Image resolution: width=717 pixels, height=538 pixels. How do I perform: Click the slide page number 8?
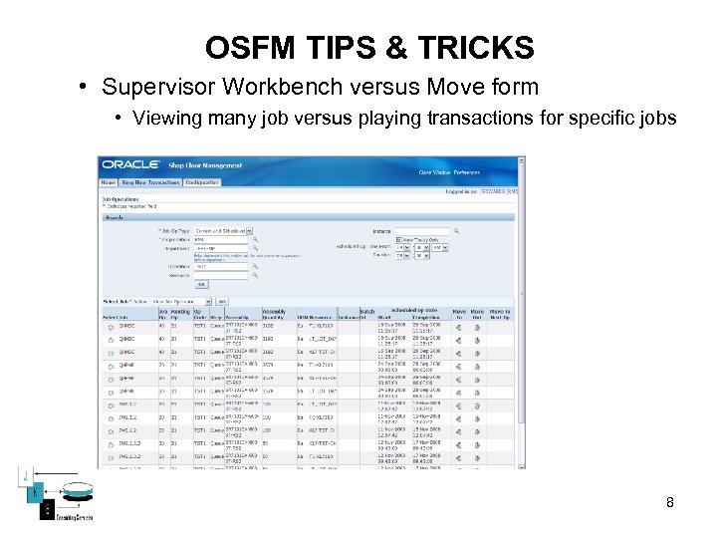[670, 502]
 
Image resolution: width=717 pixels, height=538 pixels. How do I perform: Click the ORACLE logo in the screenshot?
[130, 165]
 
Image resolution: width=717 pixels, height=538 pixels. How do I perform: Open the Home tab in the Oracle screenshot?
[108, 183]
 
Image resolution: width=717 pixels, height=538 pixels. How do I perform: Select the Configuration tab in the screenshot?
[202, 183]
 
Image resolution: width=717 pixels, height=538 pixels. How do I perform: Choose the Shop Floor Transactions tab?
[150, 183]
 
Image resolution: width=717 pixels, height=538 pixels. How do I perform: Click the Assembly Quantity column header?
[274, 315]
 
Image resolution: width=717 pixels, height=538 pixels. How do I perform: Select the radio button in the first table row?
[111, 326]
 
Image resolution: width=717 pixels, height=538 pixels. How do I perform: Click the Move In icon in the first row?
[459, 326]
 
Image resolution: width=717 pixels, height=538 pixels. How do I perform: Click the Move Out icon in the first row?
[477, 326]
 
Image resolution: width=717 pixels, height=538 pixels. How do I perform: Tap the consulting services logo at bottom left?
[49, 496]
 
